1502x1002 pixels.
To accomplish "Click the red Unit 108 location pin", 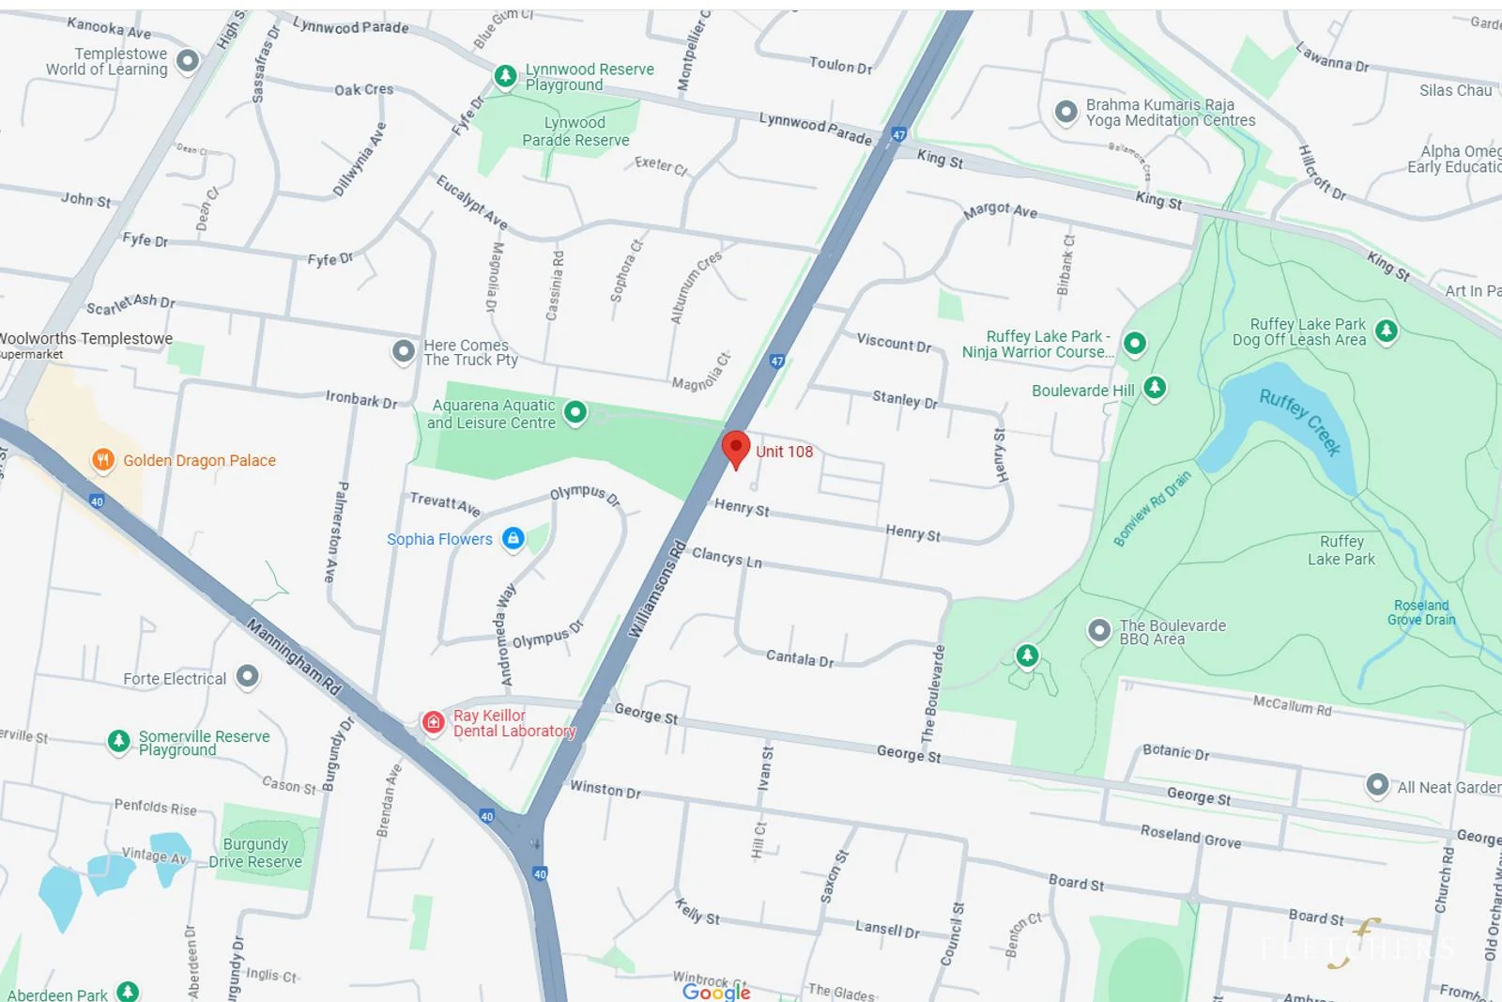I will point(736,448).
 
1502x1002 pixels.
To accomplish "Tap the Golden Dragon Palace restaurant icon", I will point(102,460).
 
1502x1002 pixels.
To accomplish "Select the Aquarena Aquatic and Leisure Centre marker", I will point(575,412).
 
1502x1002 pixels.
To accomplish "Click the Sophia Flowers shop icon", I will point(513,538).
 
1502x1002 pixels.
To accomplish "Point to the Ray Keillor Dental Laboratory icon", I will point(433,721).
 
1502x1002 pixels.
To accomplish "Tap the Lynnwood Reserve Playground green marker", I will point(505,76).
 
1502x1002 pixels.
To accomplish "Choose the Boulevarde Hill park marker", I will point(1155,387).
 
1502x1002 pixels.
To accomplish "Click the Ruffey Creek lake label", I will point(1300,422).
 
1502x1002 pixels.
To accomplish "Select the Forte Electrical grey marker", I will point(247,676).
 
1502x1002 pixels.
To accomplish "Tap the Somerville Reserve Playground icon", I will point(118,741).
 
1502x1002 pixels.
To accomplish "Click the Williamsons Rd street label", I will point(657,590).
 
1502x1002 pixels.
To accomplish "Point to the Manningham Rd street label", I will point(294,656).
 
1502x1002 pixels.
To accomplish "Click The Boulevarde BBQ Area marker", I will point(1098,630).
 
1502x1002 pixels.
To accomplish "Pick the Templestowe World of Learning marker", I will point(188,61).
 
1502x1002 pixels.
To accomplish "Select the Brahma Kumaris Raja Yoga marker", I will point(1065,112).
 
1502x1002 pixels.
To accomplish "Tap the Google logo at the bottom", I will point(716,992).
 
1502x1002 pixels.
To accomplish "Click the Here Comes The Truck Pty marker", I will point(404,351).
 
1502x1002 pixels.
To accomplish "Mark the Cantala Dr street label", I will point(800,658).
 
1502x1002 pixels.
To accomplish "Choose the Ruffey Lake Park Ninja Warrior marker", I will point(1135,344).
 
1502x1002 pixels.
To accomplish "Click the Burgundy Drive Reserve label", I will point(255,853).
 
